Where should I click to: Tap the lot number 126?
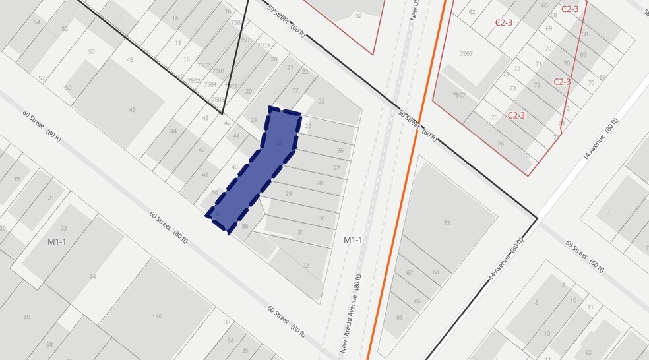157,316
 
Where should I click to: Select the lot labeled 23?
321,101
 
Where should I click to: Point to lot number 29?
288,193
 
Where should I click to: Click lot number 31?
300,232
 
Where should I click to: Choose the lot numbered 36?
245,226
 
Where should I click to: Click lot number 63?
400,317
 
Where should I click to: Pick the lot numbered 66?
417,301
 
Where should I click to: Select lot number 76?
501,144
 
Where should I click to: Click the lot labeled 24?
92,276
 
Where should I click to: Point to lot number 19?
16,179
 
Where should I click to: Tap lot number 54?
37,22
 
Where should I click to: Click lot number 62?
472,12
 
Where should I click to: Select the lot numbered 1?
608,214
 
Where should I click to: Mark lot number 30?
321,218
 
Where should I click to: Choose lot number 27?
336,167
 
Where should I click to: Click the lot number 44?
173,131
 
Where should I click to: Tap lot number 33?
227,322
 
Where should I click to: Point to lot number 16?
228,11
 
